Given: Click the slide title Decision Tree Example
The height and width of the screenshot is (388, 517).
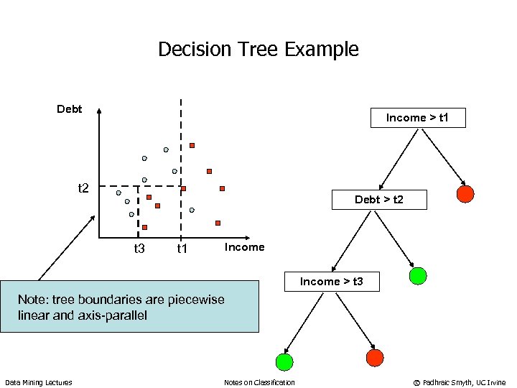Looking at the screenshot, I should click(258, 50).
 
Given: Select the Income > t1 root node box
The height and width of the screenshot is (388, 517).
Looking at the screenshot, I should click(417, 117).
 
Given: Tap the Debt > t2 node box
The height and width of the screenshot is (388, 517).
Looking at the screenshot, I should click(378, 199).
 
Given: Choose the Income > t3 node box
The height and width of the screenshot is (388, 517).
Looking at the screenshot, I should click(331, 281).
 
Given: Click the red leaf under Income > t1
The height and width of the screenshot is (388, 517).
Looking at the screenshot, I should click(465, 193).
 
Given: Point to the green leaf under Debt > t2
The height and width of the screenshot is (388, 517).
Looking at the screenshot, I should click(418, 276).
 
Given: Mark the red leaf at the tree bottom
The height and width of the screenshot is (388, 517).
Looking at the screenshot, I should click(375, 358).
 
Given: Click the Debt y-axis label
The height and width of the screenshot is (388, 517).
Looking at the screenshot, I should click(70, 109).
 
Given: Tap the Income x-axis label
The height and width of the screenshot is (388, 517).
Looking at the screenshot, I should click(244, 247).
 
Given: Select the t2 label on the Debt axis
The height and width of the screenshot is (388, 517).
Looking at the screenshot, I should click(83, 188).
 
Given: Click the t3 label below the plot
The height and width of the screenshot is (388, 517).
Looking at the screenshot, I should click(139, 249).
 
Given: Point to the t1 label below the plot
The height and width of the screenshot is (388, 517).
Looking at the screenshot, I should click(182, 249).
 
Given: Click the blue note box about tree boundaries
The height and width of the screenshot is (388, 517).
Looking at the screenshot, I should click(129, 307).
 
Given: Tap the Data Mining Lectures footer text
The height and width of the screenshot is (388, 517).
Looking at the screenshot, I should click(39, 382).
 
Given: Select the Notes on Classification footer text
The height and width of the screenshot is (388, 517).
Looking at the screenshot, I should click(259, 382).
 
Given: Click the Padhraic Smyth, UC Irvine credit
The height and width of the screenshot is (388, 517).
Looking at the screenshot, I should click(459, 382).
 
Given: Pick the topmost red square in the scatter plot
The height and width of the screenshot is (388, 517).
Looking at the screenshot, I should click(192, 146).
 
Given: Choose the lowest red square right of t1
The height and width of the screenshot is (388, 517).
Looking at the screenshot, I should click(218, 223).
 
